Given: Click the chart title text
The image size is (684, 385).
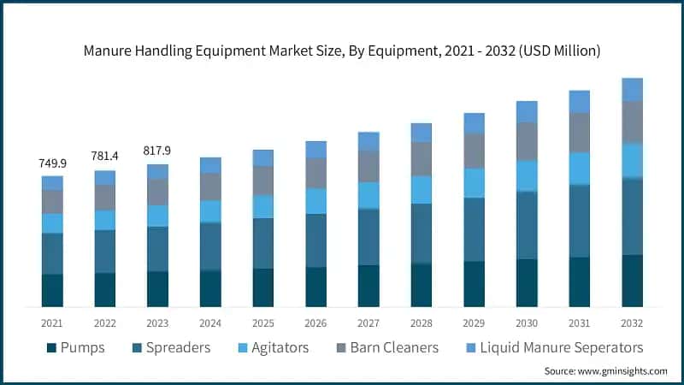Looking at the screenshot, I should (x=342, y=50).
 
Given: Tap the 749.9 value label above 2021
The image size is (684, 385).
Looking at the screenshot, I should (x=52, y=163).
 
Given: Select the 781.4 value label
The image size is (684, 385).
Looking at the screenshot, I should (x=105, y=156).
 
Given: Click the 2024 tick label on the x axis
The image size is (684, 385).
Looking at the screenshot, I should (x=210, y=323).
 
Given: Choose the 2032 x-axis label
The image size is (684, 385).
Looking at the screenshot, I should (x=633, y=323).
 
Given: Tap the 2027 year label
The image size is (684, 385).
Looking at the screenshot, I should (x=369, y=323).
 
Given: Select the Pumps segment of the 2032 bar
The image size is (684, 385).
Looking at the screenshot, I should (x=633, y=281).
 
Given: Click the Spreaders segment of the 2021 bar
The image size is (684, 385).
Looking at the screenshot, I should (x=52, y=253).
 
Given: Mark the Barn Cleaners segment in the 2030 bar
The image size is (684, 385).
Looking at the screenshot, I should (x=527, y=141).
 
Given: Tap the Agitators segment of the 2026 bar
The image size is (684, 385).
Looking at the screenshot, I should (x=316, y=201).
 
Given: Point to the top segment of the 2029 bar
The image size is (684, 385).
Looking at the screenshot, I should (x=475, y=123).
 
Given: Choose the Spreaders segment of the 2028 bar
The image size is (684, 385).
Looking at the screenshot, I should (x=422, y=234).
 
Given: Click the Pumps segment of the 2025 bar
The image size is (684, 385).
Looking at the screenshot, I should (x=263, y=287).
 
